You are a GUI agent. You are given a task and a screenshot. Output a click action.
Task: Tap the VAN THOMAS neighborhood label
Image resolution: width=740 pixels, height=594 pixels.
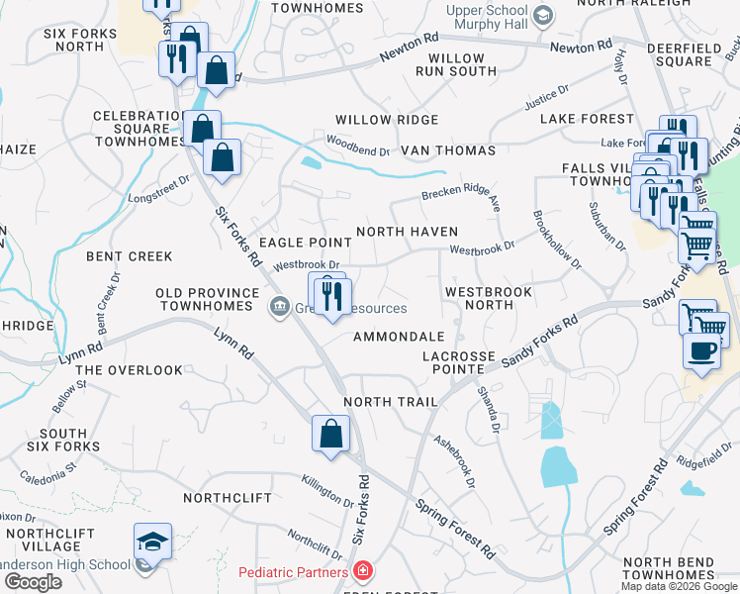click(447, 150)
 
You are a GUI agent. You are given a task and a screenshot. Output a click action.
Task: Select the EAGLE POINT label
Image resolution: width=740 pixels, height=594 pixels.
click(306, 243)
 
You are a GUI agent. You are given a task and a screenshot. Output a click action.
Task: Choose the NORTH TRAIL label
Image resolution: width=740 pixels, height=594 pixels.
click(390, 402)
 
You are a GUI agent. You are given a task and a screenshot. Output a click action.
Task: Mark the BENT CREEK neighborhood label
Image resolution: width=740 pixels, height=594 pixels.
click(130, 256)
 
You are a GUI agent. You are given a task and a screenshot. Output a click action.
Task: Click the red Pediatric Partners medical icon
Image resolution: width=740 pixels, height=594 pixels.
click(363, 572)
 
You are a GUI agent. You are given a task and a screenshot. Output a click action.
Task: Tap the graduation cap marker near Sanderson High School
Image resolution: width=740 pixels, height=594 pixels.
click(153, 542)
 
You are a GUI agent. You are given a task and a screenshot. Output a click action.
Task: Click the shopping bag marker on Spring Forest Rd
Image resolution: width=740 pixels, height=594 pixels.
click(330, 433)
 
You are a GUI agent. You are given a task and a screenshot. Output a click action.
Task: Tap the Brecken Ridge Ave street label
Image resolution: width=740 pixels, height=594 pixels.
click(462, 193)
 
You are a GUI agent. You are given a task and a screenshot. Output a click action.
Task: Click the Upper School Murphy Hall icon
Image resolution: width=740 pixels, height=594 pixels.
click(541, 15)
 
